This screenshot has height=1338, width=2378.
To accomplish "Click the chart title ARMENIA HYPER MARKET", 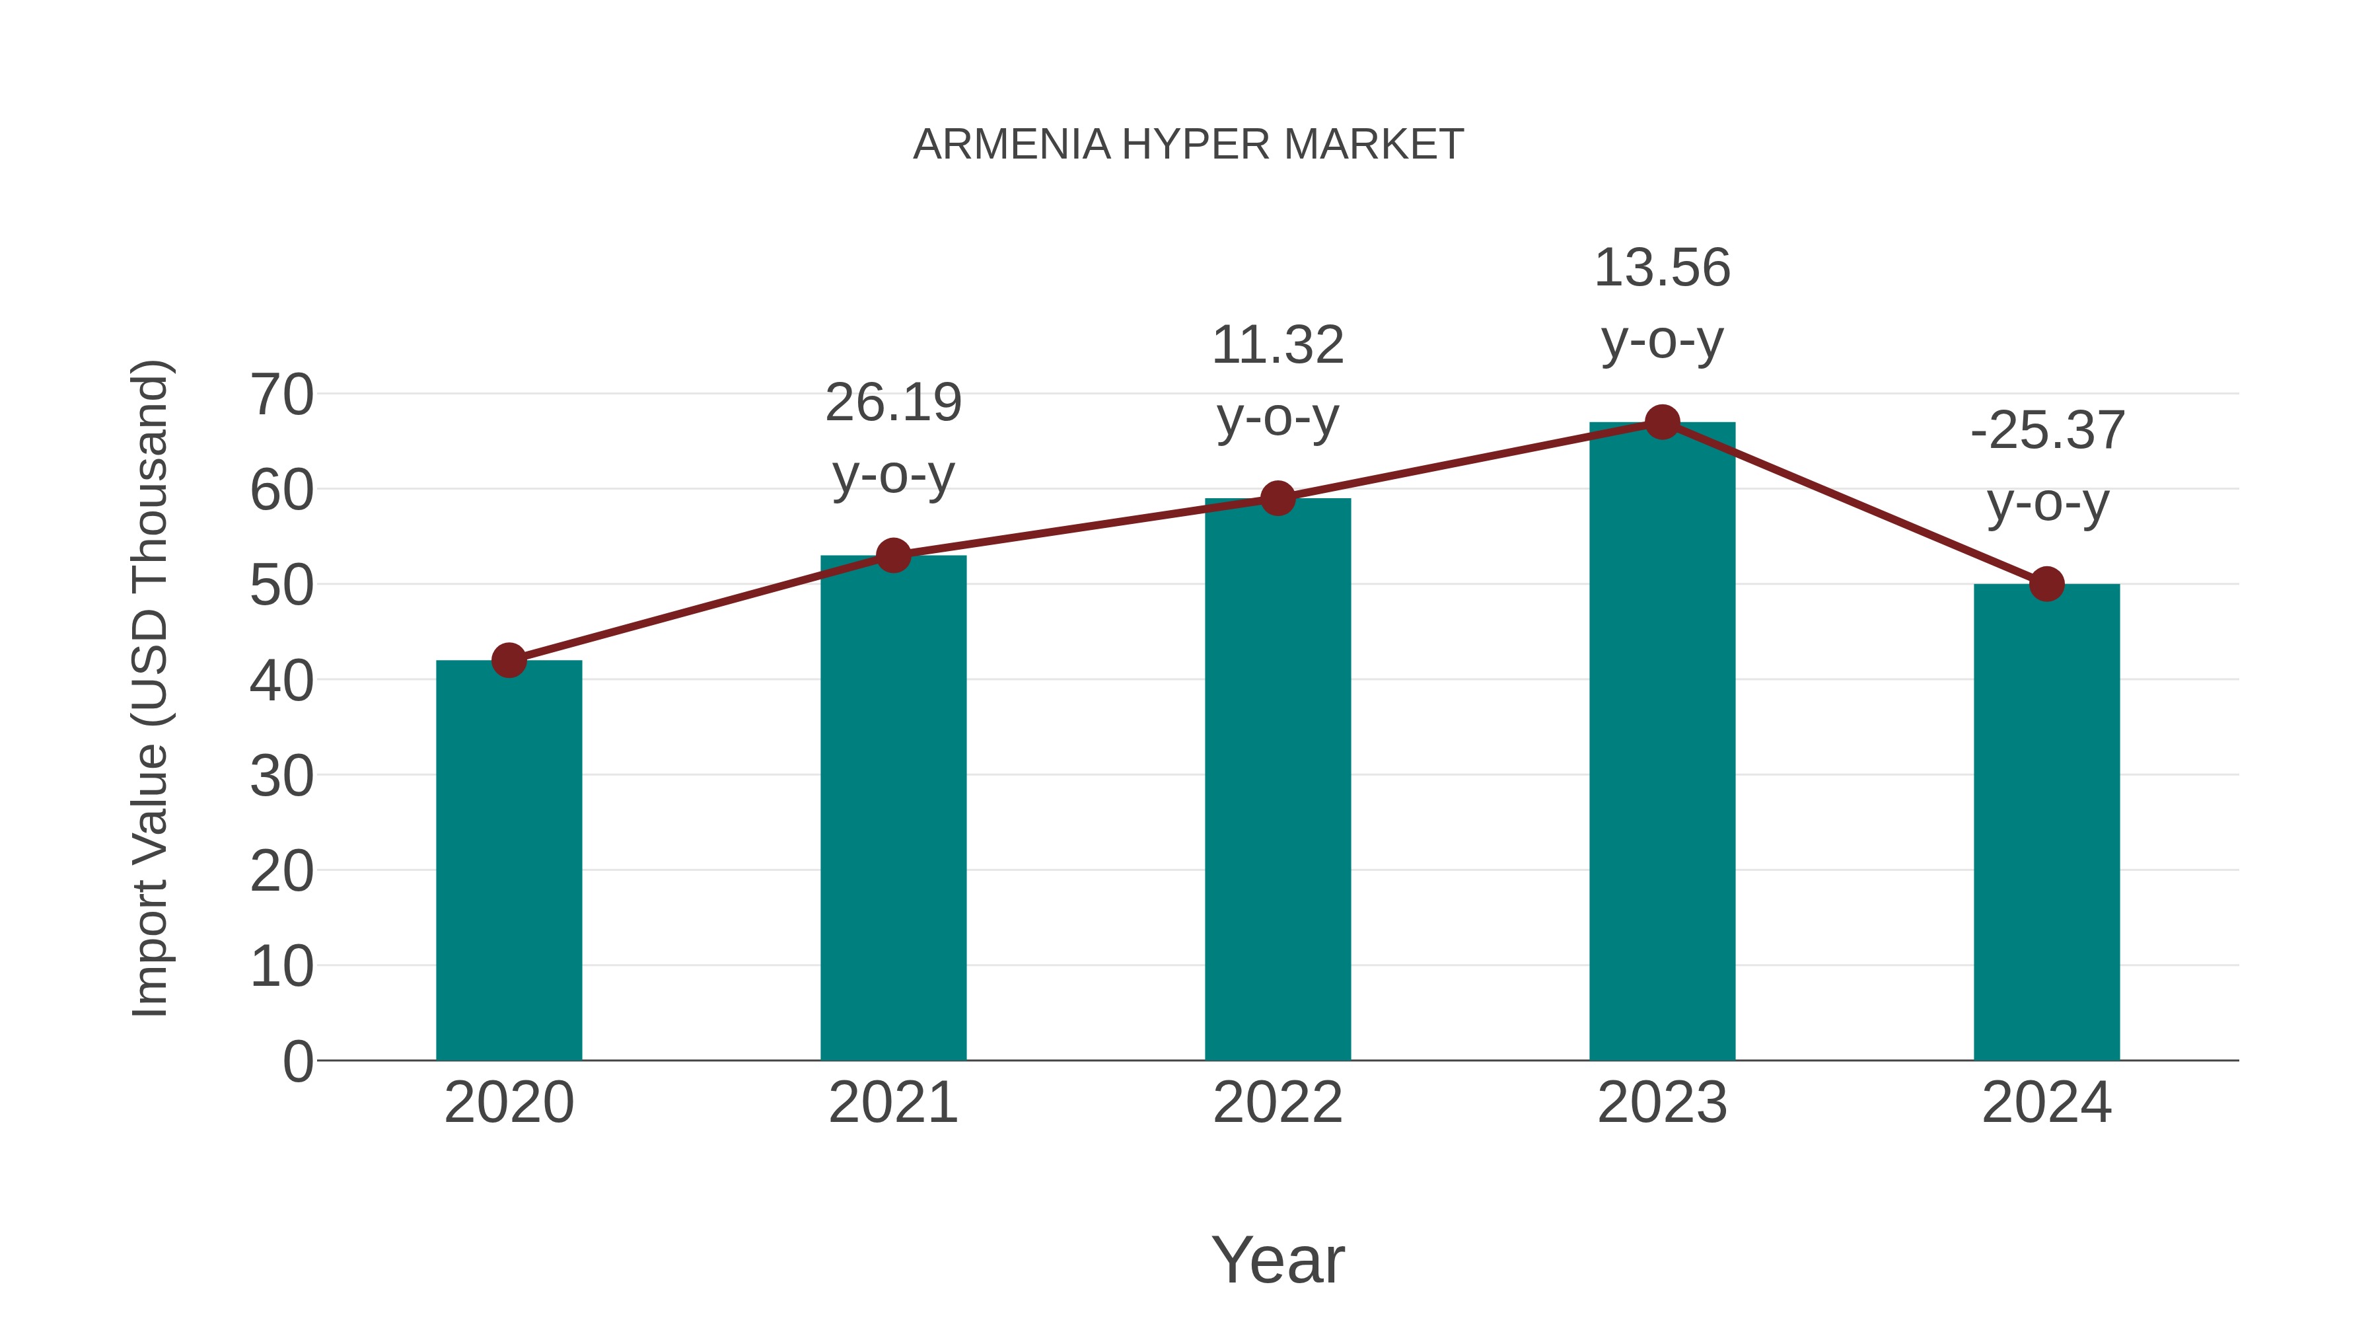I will click(1188, 145).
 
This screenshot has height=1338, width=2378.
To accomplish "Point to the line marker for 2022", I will click(1278, 499).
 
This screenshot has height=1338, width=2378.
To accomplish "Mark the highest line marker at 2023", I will click(1662, 422).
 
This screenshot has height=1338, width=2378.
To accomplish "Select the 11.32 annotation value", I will click(1278, 346).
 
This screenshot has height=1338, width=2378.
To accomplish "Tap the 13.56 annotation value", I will click(1662, 268).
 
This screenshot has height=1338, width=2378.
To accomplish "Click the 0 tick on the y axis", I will click(297, 1061).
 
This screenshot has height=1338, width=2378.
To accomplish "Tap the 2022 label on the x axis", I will click(1278, 1103).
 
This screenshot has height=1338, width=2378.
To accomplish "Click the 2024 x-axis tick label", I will click(2046, 1103).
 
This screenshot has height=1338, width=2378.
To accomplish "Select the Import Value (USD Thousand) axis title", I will click(149, 688).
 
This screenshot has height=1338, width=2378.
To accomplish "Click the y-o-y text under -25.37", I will click(2046, 503).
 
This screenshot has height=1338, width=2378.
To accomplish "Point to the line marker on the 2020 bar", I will click(509, 660).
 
